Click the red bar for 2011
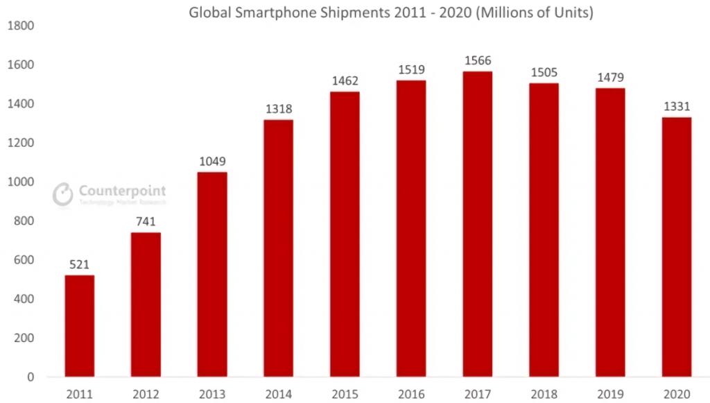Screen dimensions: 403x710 click(80, 326)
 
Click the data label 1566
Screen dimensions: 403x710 click(478, 61)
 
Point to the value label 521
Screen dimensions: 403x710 click(80, 265)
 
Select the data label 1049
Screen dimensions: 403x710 click(212, 162)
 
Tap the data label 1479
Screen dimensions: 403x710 click(610, 78)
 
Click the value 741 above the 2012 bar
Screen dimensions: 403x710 click(146, 222)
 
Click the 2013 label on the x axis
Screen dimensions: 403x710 click(212, 394)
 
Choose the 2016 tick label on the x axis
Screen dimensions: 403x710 click(411, 394)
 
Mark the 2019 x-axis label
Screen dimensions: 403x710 click(610, 394)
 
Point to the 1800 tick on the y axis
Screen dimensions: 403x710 click(20, 26)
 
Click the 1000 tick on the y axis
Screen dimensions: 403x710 click(20, 182)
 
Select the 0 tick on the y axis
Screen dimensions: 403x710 click(30, 377)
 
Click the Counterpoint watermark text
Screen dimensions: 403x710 click(122, 190)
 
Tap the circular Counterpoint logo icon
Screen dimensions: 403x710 click(63, 194)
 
